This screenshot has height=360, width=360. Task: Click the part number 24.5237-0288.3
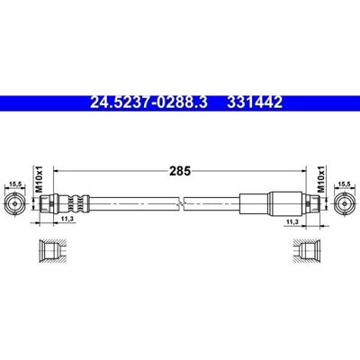coord(148,103)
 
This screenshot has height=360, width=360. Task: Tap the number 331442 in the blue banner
coord(255,103)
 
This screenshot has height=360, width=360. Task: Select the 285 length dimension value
coord(180,171)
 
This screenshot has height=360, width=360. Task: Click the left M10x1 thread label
coord(40,179)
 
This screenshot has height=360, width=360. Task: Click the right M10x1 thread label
coord(321,179)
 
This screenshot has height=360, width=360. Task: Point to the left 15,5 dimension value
coord(15,184)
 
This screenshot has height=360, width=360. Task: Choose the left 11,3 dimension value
coord(67,220)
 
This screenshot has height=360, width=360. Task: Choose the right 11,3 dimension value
coord(292,221)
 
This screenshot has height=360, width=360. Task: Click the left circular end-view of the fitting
coord(15,203)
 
